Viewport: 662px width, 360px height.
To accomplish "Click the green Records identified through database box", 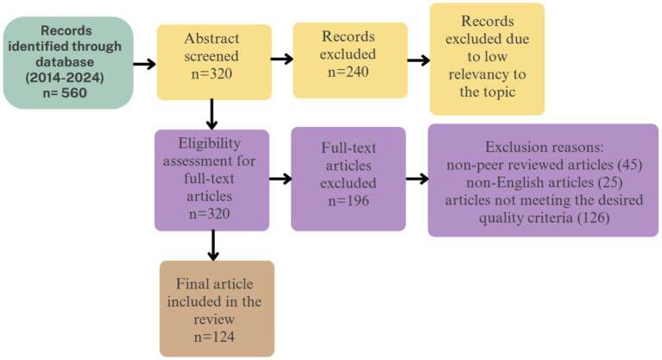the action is click(68, 62).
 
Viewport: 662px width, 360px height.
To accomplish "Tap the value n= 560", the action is click(65, 92).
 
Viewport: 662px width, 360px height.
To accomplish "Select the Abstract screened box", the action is click(214, 62).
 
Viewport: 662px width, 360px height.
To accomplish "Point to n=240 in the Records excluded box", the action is click(349, 72).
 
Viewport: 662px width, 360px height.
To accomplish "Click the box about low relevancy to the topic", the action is click(487, 60).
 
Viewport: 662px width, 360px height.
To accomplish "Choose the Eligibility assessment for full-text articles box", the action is click(211, 180).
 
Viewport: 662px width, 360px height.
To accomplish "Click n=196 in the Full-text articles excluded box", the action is click(349, 200).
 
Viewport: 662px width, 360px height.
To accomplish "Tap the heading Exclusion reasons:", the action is click(545, 147).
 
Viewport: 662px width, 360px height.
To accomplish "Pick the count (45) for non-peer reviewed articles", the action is click(629, 165).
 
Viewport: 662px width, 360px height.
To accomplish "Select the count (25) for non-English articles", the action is click(610, 182).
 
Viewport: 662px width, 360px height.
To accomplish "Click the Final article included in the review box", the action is click(217, 308).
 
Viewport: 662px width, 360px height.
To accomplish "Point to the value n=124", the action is click(214, 338).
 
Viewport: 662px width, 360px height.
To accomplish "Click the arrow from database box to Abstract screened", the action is click(144, 64).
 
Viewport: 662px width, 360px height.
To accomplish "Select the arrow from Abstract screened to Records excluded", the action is click(282, 59).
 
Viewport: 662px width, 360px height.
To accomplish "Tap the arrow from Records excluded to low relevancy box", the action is click(419, 60).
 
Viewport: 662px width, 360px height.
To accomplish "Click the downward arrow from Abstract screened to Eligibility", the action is click(212, 114).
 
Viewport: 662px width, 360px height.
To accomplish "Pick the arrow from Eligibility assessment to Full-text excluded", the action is click(281, 179).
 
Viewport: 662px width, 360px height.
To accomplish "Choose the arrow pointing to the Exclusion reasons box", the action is click(417, 179).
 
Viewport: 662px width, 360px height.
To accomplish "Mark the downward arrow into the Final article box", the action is click(214, 245).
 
